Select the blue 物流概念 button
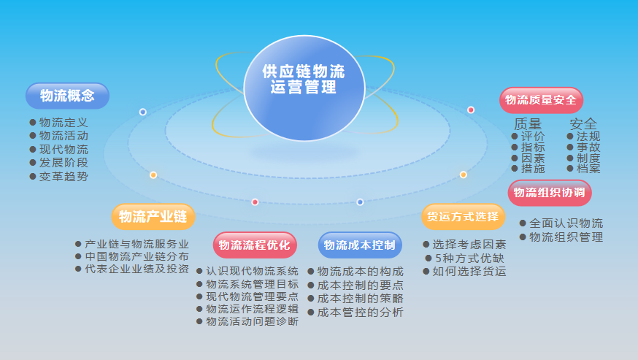[67, 96]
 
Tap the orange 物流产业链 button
[153, 217]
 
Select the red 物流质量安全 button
[541, 100]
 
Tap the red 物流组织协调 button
[550, 193]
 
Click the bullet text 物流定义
[64, 123]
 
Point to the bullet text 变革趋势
[64, 176]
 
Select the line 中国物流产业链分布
[137, 256]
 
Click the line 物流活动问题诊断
[252, 321]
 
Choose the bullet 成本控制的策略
[361, 299]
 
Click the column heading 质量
[528, 123]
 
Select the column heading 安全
[583, 123]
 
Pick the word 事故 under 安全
[588, 147]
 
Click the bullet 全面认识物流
[566, 223]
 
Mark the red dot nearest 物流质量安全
[471, 110]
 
